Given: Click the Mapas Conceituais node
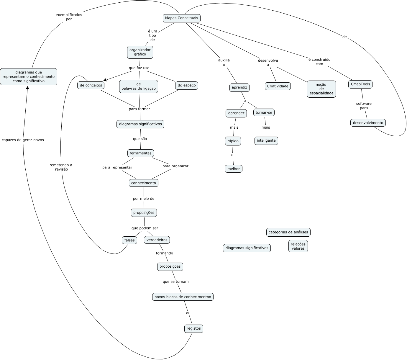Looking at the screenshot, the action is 181,18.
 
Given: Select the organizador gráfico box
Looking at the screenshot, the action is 140,52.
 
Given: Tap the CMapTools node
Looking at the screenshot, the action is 360,84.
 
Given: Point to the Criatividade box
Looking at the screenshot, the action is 278,86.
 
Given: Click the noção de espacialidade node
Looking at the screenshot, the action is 321,89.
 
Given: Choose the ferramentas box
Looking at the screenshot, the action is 141,153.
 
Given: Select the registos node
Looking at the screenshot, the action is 194,329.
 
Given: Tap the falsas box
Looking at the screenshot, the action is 129,240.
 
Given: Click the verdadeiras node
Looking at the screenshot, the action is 157,240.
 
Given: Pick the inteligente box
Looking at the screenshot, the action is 266,141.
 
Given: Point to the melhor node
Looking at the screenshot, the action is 233,169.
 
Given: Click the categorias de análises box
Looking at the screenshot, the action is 288,232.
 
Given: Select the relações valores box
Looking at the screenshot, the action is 298,246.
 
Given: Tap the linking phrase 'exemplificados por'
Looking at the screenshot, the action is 69,17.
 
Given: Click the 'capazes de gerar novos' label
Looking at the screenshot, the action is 23,140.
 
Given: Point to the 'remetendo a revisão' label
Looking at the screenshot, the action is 61,167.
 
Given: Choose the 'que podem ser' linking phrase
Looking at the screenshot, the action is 145,228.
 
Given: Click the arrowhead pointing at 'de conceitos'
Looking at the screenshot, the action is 105,80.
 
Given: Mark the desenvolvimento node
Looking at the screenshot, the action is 368,123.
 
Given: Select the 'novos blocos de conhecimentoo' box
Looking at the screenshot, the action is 183,297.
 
